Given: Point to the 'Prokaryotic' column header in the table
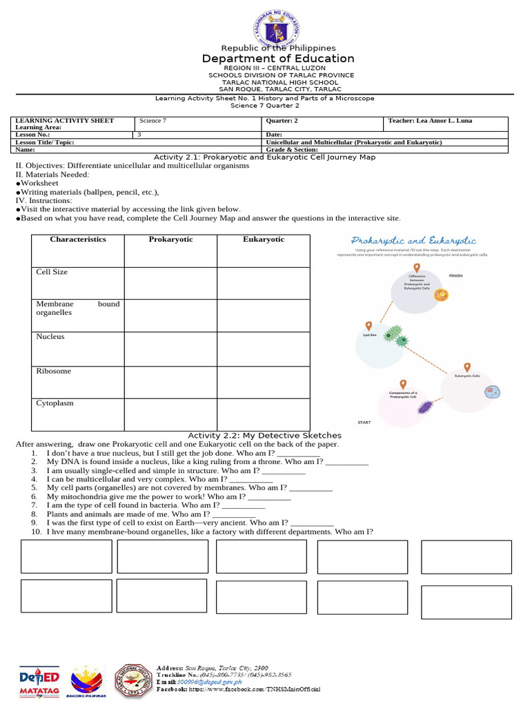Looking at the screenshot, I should click(x=170, y=240).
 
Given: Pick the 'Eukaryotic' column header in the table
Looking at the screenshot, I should click(x=263, y=240).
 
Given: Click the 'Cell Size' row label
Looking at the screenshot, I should click(x=52, y=272).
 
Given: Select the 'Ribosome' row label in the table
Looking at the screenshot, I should click(x=54, y=371).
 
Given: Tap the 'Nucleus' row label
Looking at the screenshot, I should click(x=50, y=337).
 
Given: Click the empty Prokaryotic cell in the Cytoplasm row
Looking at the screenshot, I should click(x=170, y=414).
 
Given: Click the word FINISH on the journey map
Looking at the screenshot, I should click(x=456, y=275).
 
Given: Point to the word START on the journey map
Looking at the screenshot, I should click(x=364, y=422).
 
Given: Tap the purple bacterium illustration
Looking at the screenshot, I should click(x=425, y=407).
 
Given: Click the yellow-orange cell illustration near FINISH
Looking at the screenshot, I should click(x=441, y=296).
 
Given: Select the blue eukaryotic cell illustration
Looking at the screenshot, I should click(x=491, y=391).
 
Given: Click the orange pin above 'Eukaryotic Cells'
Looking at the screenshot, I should click(x=467, y=368).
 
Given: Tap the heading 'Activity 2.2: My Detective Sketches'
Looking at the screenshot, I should click(x=265, y=436).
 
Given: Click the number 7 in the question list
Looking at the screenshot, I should click(x=33, y=505).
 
